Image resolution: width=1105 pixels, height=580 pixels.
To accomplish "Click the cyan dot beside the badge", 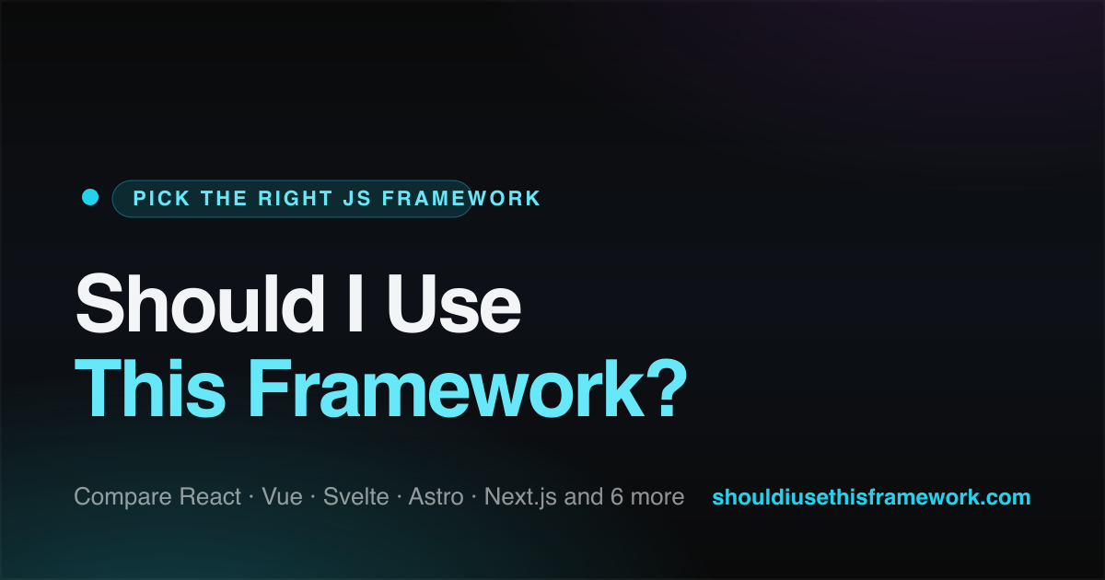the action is tap(90, 197).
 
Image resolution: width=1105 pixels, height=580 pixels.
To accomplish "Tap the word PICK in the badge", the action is tap(161, 198).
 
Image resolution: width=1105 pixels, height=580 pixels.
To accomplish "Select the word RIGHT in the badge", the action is tap(295, 198).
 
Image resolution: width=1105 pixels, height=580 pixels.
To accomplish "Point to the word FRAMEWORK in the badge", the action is tap(461, 198).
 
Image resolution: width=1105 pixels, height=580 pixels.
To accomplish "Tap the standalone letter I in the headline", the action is tap(355, 303).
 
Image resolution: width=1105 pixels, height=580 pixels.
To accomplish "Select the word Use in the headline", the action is tap(454, 303).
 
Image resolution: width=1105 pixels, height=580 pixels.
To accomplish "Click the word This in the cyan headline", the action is tap(150, 389).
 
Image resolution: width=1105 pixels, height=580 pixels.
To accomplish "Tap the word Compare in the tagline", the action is tap(123, 497).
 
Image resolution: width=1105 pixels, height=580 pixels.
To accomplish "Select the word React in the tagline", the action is tap(210, 496).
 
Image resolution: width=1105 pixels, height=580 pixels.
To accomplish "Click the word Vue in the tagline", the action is tap(282, 496).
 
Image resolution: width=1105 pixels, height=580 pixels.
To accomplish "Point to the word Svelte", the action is tap(356, 496).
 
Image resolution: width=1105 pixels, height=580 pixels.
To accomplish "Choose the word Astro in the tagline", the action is tap(436, 496).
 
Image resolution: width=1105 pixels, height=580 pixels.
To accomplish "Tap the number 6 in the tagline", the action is tap(617, 496).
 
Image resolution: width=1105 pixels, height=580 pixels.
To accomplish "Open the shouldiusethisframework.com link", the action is tap(871, 497).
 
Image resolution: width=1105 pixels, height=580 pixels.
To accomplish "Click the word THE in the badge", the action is tap(224, 198).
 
